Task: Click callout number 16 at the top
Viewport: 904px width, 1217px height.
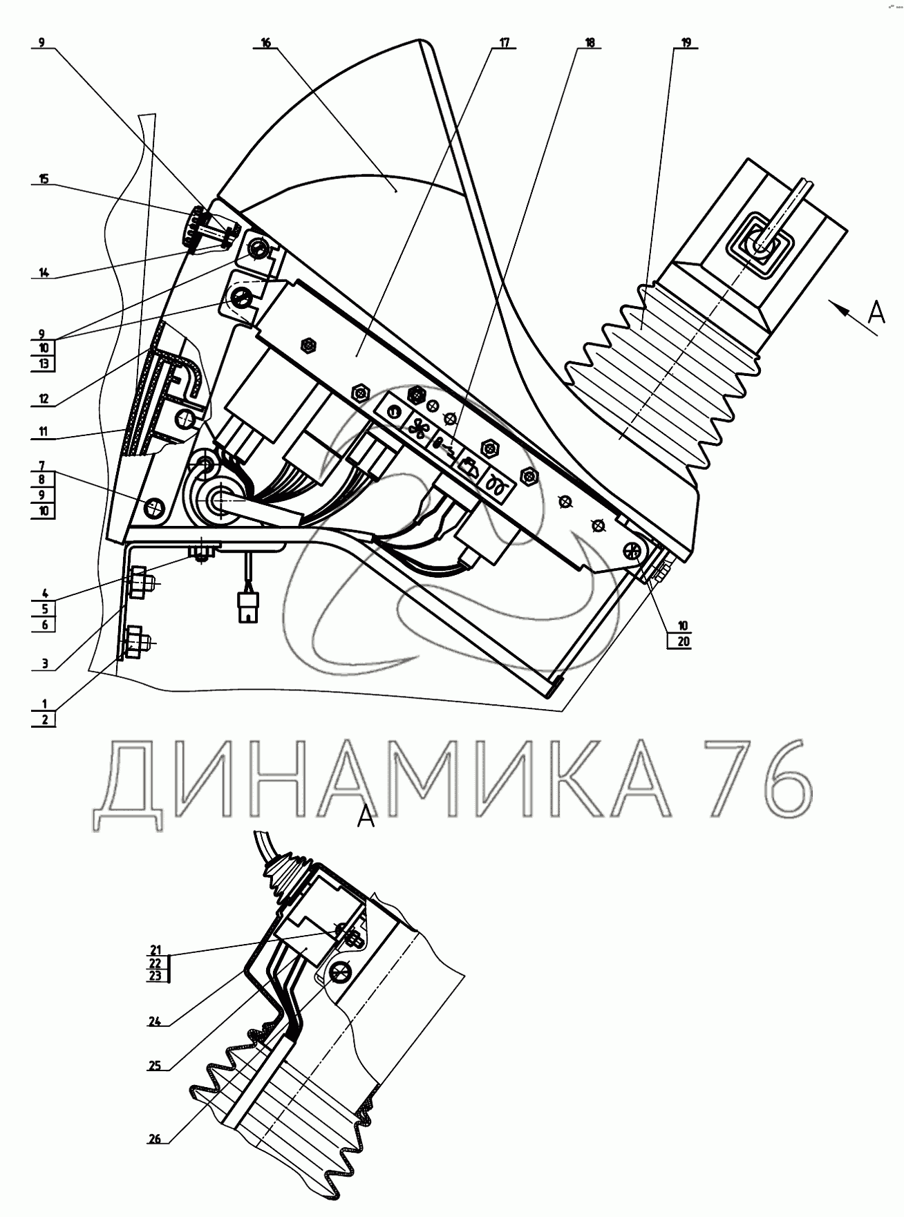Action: click(266, 42)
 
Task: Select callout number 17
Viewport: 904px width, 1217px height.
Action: click(502, 42)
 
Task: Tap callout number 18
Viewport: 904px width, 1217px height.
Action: click(589, 42)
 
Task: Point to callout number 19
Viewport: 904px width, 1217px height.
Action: click(685, 42)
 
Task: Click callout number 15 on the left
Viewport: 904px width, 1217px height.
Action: click(44, 179)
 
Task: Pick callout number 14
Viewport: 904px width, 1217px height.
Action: click(44, 272)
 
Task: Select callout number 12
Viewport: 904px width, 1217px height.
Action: click(44, 398)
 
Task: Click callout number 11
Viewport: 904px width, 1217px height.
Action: click(44, 433)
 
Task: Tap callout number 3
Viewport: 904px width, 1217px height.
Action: click(44, 663)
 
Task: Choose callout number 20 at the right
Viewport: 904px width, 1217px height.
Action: click(683, 641)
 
